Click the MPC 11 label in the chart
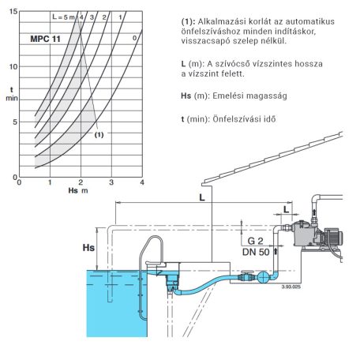coord(45,39)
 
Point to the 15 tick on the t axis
coord(13,12)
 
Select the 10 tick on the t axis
coord(13,67)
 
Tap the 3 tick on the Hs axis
coord(111,182)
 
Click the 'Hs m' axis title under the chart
coord(78,190)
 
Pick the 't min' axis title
coord(12,94)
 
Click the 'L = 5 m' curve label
coord(63,17)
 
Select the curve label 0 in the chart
coord(134,38)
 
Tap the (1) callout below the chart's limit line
coord(99,135)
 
